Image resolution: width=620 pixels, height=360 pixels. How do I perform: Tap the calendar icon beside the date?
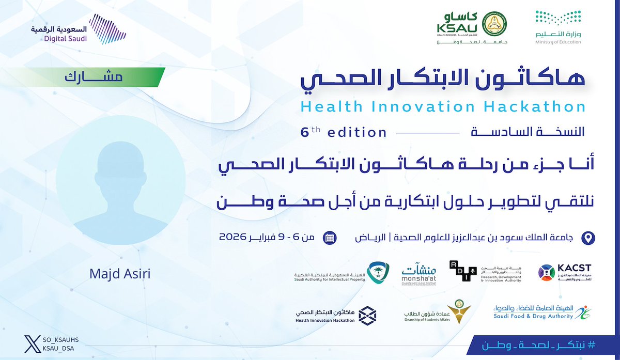tap(329, 238)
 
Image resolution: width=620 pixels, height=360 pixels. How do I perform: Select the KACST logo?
tap(564, 272)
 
